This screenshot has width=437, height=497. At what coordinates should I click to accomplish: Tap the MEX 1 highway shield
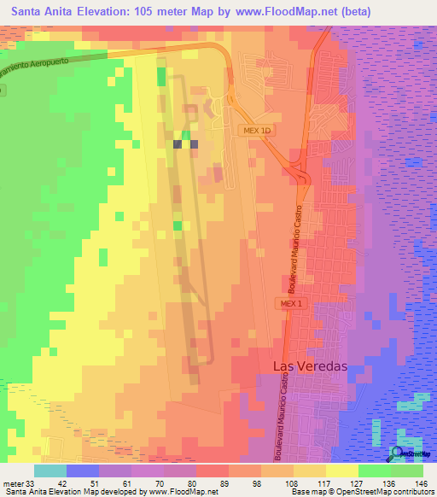point(288,303)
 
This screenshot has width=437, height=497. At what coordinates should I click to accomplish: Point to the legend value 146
point(420,483)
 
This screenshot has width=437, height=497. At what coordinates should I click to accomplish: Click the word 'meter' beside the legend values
point(12,483)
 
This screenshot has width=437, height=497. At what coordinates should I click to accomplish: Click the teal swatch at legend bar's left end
point(50,471)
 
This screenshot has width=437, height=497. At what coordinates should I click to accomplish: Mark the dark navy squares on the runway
point(185,144)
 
